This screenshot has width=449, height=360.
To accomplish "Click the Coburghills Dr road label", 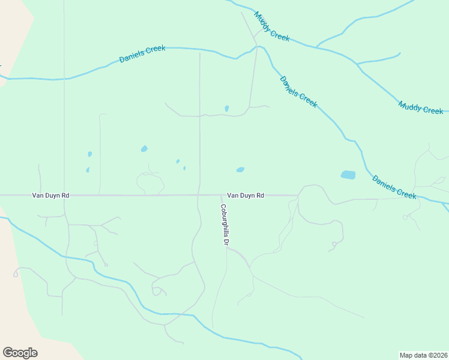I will pos(223,225).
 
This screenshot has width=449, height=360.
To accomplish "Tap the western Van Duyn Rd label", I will pos(50,196).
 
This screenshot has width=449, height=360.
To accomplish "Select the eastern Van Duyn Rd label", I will pos(245,196).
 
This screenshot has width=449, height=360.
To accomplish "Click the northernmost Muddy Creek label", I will pos(271,26).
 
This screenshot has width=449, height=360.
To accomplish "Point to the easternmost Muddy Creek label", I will pos(421,108).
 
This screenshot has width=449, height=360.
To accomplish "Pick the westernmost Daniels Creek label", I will pos(142,55).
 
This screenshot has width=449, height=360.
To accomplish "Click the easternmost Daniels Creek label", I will pos(394,187).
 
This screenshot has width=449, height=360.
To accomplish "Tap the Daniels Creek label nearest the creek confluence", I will pos(298,92).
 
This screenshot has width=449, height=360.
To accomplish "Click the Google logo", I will pos(20,353).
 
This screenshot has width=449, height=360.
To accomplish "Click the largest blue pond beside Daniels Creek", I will pos(348,175).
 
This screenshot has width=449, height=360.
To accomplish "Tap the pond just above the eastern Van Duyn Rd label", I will pos(240,170).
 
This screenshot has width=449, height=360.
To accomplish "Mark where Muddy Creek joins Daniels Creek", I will pos(258,47).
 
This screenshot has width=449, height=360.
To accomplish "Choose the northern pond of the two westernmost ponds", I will pos(89,154).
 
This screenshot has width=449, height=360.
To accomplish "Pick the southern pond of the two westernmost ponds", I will pos(88,170).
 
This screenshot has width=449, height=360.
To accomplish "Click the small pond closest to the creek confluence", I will pos(226,109).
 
